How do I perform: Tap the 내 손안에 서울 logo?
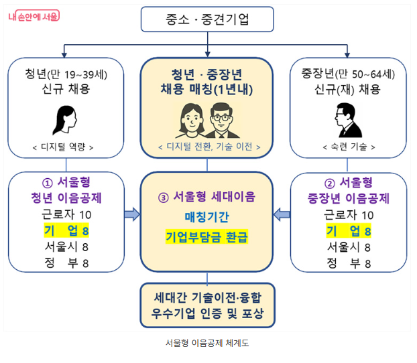(x=34, y=15)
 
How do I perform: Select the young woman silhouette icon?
(x=64, y=119)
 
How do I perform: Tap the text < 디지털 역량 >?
(x=65, y=147)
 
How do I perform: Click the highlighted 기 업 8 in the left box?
(x=65, y=231)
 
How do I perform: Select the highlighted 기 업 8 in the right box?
(x=349, y=231)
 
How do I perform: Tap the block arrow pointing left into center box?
(x=282, y=214)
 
